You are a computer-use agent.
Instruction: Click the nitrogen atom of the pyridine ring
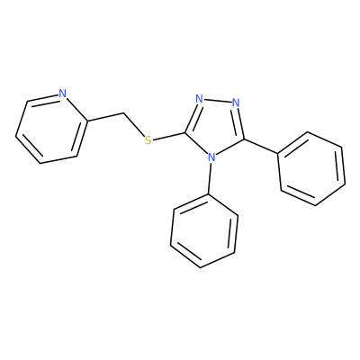pos(62,94)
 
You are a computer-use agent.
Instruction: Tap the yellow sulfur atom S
pos(148,140)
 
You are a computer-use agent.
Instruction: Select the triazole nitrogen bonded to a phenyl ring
pos(211,157)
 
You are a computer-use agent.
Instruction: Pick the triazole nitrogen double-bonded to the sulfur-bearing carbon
pos(199,98)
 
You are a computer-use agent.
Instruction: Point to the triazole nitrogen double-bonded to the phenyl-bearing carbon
pos(236,103)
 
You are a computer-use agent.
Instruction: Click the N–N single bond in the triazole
pos(218,101)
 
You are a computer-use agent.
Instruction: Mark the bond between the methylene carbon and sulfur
pos(133,124)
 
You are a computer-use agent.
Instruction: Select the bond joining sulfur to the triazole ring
pos(169,136)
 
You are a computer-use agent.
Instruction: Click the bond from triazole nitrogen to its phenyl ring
pos(211,178)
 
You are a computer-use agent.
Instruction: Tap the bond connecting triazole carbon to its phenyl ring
pos(261,147)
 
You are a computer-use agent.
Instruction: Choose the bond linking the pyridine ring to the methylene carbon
pos(105,117)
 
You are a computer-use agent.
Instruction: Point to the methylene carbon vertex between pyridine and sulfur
pos(123,113)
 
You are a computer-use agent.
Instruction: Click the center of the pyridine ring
pos(51,129)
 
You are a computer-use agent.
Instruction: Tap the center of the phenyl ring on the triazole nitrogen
pos(204,230)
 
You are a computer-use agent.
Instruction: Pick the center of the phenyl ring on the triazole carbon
pos(312,169)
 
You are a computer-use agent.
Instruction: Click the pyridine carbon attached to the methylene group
pos(87,121)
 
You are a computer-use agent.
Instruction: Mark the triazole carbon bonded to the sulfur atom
pos(186,132)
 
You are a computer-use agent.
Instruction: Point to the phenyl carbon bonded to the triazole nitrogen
pos(209,193)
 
